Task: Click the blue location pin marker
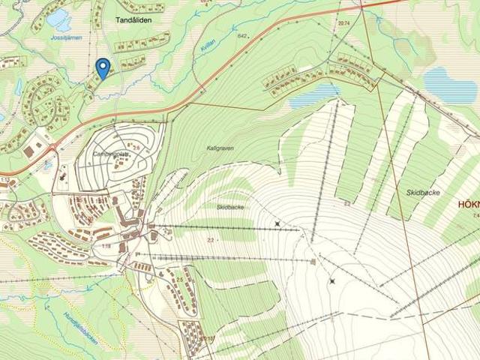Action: (103, 67)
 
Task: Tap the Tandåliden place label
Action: (133, 20)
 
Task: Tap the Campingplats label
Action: (109, 154)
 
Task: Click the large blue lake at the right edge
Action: (448, 84)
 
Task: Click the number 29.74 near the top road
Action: (344, 24)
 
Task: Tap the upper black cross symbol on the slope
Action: (278, 223)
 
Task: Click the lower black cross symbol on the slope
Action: (331, 281)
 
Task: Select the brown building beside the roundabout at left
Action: (29, 151)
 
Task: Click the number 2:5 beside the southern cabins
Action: (179, 279)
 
